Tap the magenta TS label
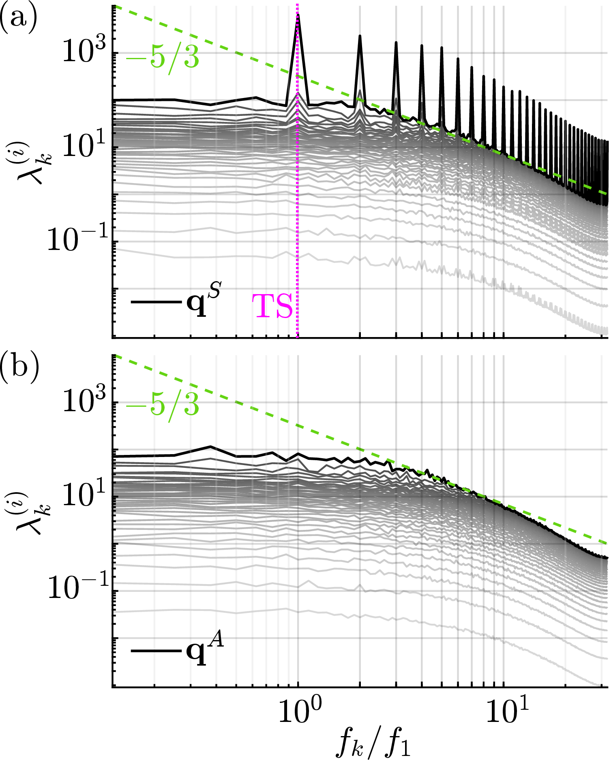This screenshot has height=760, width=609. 272,307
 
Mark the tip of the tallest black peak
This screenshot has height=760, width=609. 298,15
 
